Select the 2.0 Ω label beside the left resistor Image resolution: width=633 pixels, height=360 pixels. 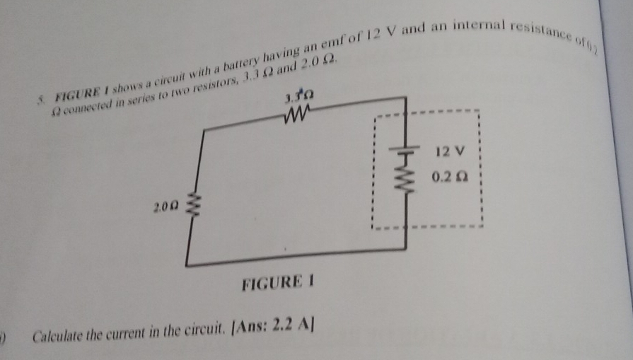[163, 207]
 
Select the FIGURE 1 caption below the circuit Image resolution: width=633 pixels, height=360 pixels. [277, 284]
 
